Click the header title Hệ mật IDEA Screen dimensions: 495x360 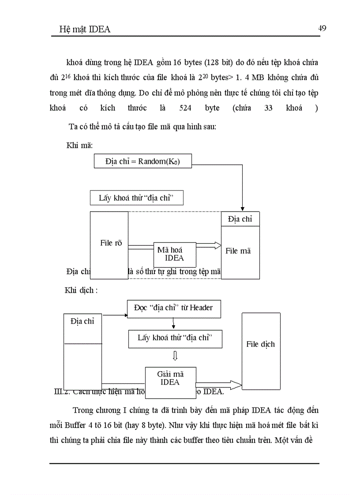pos(85,30)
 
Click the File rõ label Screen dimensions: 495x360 pos(111,242)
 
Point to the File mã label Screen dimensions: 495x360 pos(238,251)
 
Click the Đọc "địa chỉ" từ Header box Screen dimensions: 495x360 pos(173,308)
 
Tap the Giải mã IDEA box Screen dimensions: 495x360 pos(170,378)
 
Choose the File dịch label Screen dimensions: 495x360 pos(260,344)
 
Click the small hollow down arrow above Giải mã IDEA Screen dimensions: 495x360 pos(175,356)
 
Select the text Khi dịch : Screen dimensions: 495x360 pos(81,290)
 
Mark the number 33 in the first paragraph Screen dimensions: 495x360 pos(268,108)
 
